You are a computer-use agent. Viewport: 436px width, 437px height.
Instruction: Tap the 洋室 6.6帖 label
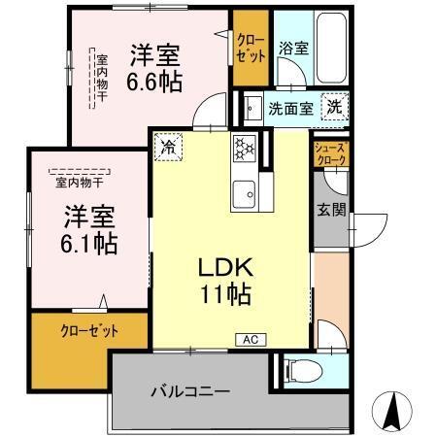[155, 68]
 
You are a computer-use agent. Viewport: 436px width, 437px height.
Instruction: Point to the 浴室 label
[293, 47]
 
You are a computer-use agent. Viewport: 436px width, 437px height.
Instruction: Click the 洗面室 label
[290, 109]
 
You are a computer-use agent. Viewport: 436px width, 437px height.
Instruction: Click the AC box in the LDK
[249, 339]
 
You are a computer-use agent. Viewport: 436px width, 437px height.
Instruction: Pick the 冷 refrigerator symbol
[170, 148]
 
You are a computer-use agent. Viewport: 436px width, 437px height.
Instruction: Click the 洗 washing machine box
[333, 107]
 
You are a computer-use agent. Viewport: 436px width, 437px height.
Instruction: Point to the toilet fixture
[304, 372]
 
